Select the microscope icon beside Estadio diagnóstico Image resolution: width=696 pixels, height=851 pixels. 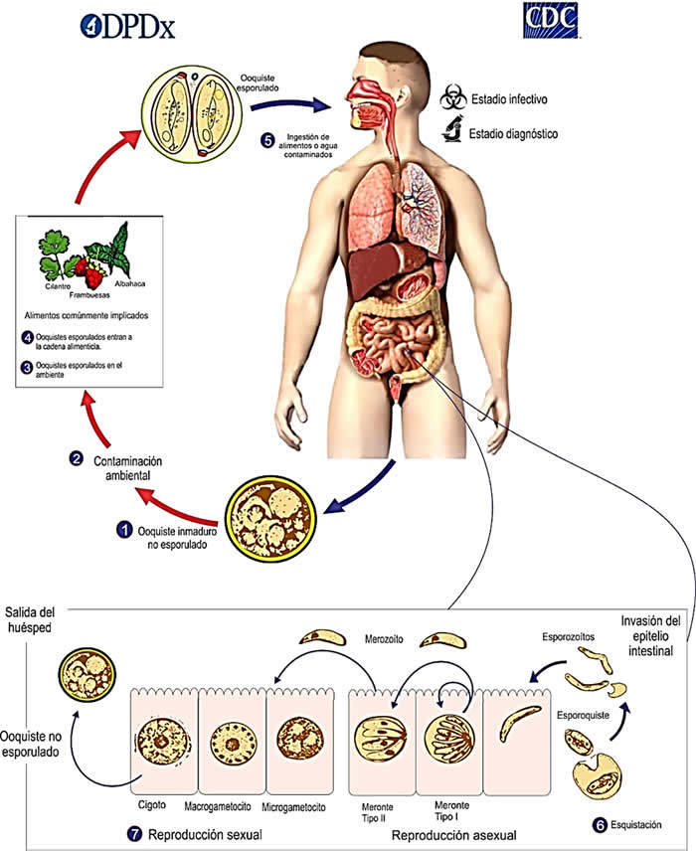(453, 130)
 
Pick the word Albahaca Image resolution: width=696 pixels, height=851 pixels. (130, 283)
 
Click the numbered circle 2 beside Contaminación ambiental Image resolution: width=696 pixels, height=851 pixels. (76, 458)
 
